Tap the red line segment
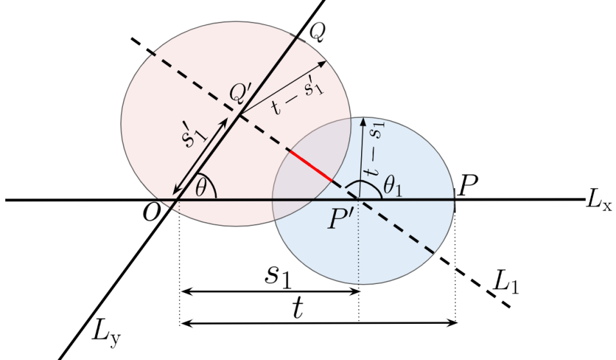click(x=311, y=167)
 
